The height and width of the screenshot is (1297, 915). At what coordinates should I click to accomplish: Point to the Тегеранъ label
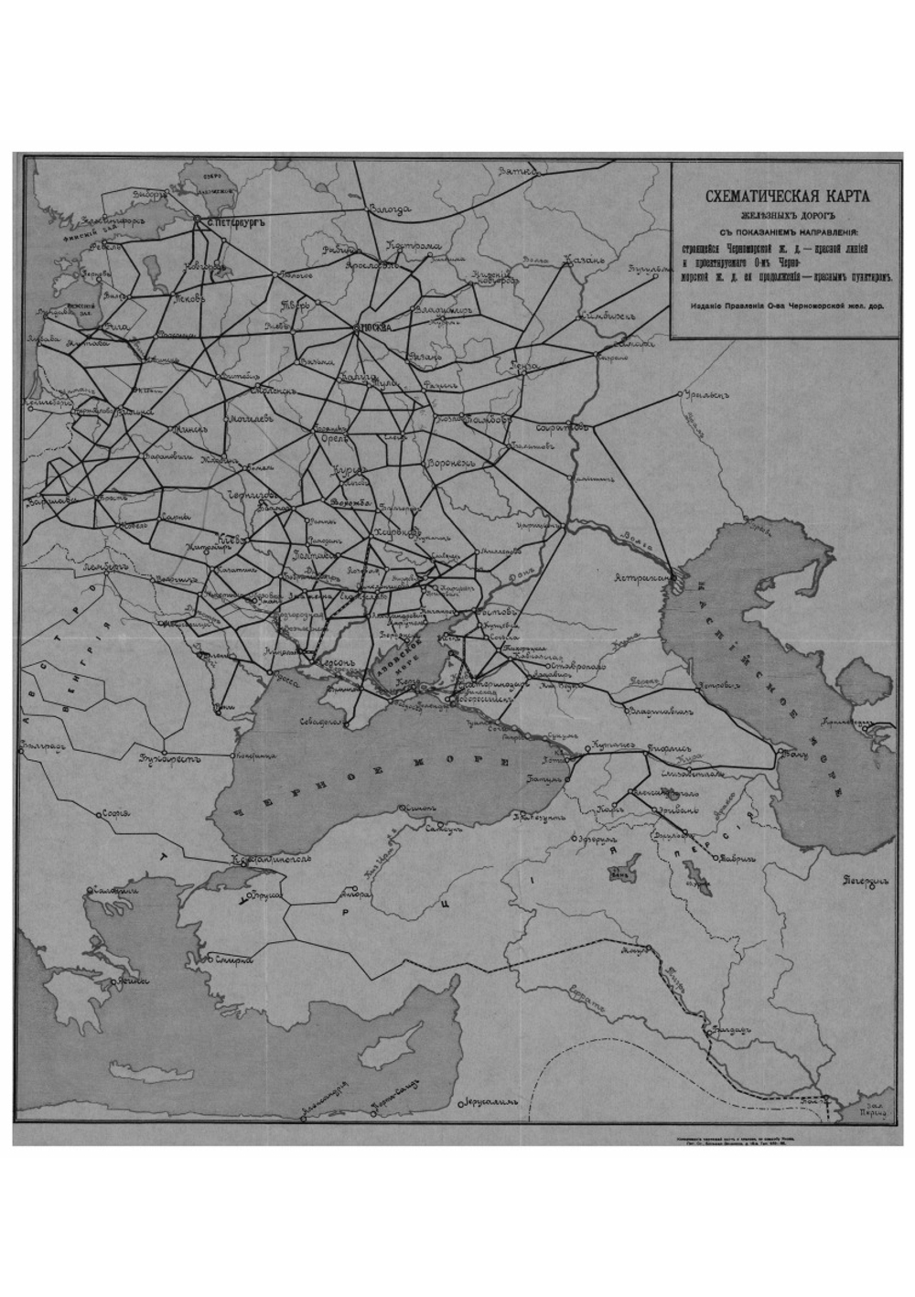click(x=865, y=881)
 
